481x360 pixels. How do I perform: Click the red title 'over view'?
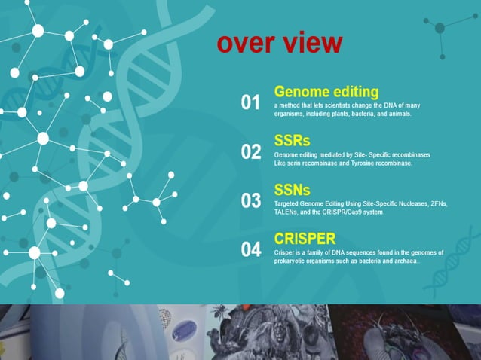click(x=279, y=43)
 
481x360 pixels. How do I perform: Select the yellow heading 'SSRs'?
click(x=292, y=141)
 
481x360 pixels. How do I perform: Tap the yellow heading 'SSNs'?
click(x=293, y=190)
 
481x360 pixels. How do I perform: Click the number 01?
click(x=250, y=102)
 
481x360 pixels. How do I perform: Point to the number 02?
click(x=250, y=152)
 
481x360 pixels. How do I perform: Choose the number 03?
click(x=250, y=201)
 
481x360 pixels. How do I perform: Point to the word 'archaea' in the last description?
click(x=403, y=261)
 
